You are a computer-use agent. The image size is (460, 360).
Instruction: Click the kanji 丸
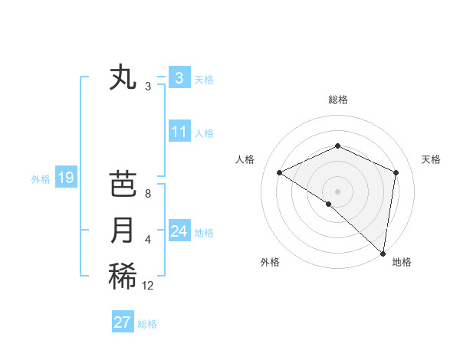point(123,77)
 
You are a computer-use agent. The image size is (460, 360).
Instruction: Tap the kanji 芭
point(123,185)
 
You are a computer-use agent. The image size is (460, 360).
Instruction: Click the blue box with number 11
point(179,132)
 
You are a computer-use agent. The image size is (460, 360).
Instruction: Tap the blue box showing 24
point(179,231)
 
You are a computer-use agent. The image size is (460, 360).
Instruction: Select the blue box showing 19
point(65,178)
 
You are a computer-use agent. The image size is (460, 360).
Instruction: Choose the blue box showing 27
point(123,322)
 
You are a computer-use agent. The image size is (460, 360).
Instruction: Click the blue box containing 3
point(179,77)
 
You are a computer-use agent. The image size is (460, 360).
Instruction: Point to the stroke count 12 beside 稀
point(148,286)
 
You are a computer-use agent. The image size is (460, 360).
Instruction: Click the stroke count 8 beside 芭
point(147,194)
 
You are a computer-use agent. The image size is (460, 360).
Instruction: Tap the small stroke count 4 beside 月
point(147,240)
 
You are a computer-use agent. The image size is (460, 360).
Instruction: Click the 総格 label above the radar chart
point(338,100)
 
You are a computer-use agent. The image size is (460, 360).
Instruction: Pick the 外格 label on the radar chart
point(270,262)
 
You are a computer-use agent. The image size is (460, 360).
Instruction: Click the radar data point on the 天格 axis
point(396,172)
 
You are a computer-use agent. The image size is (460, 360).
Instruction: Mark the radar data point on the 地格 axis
point(383,253)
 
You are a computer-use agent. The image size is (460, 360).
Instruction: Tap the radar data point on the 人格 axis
point(280,172)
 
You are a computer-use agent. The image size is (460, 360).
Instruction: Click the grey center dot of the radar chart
point(337,191)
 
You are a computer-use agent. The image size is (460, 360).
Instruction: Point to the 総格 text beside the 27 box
point(147,324)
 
